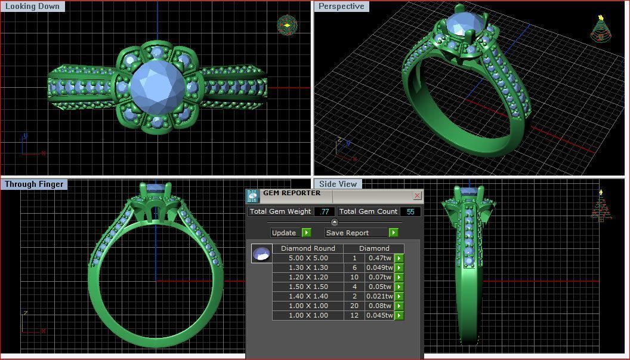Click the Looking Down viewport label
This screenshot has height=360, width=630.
click(x=32, y=7)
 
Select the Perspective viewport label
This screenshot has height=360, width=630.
click(x=341, y=7)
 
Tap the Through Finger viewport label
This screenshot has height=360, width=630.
click(x=34, y=184)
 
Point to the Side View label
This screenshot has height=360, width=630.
click(x=338, y=184)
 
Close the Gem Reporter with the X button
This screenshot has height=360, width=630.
click(x=417, y=195)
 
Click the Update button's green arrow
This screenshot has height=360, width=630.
click(x=306, y=232)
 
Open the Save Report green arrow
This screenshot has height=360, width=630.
click(x=393, y=232)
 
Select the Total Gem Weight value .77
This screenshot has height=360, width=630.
click(x=325, y=211)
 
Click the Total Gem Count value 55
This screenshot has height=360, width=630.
click(x=410, y=211)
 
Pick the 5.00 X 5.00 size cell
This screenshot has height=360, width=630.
click(x=308, y=258)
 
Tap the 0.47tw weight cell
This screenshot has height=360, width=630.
click(x=379, y=258)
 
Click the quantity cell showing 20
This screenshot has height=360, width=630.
click(x=354, y=306)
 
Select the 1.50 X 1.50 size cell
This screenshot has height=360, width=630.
click(x=308, y=287)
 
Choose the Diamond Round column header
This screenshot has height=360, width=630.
click(x=308, y=248)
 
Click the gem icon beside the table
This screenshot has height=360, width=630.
click(x=261, y=254)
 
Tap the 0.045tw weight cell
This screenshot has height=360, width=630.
click(x=379, y=315)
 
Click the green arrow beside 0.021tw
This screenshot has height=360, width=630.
click(x=399, y=296)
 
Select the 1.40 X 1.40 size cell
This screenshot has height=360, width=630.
click(x=308, y=296)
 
